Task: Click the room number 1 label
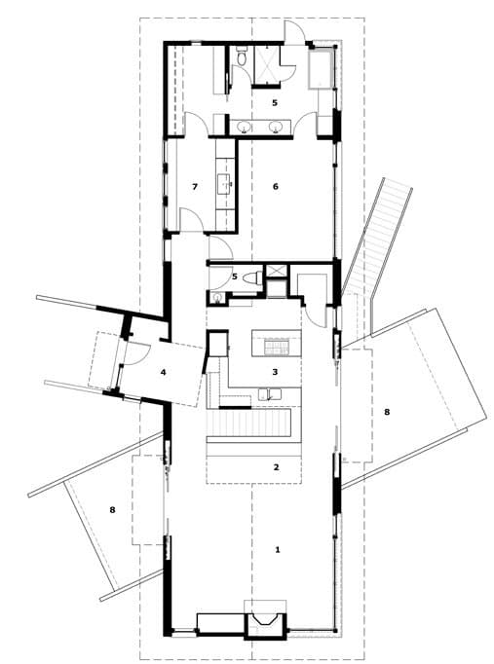tap(278, 550)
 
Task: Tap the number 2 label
tap(277, 467)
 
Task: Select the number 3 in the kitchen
tap(275, 372)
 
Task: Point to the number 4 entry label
tap(163, 372)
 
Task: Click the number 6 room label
tap(276, 186)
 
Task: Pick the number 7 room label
tap(195, 186)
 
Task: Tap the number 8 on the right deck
tap(387, 411)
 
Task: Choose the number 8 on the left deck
tap(112, 510)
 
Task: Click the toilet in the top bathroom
tap(242, 56)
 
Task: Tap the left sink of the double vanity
tap(244, 127)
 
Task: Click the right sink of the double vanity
tap(276, 127)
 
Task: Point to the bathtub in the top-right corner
tap(321, 69)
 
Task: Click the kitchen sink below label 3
tap(270, 394)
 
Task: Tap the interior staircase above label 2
tap(248, 423)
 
